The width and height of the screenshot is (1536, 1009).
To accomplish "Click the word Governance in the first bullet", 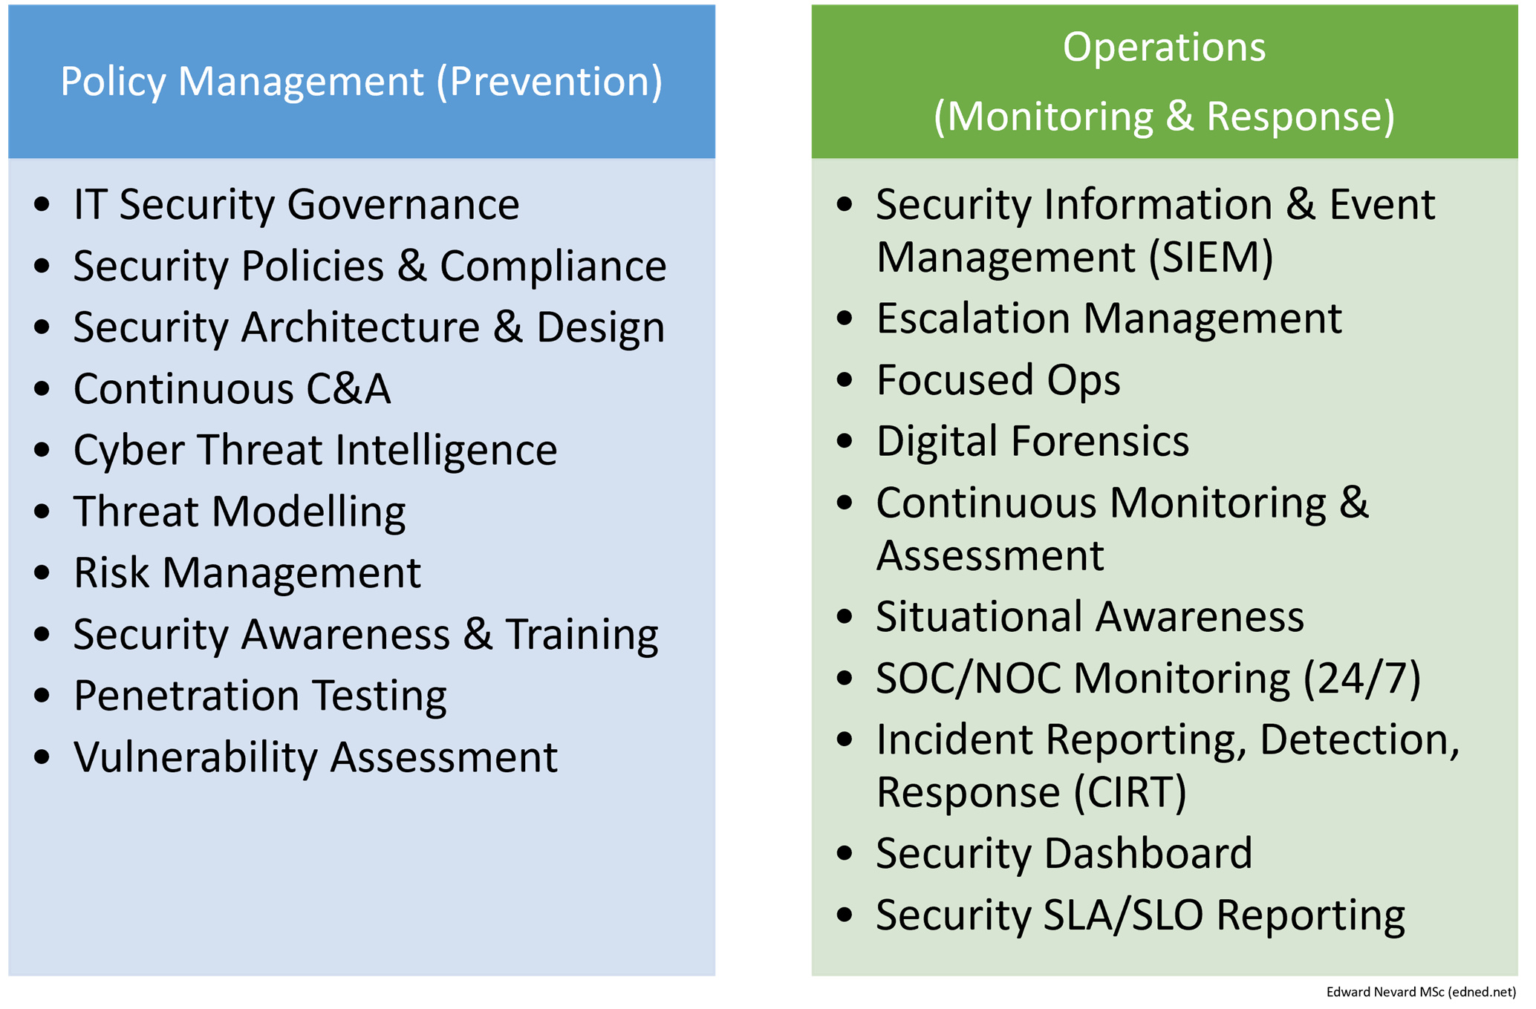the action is click(x=403, y=204).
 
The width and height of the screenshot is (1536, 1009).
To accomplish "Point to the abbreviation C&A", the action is click(x=348, y=388).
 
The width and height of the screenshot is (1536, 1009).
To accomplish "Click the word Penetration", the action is click(x=186, y=696).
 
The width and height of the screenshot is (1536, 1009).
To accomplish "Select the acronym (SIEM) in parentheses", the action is click(x=1211, y=258).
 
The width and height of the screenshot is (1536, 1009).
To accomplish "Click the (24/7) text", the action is click(x=1362, y=679).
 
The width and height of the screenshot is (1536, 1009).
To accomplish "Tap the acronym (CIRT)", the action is click(x=1130, y=792).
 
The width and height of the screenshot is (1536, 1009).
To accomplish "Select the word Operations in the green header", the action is click(x=1164, y=48).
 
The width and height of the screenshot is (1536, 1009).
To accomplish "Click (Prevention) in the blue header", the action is click(x=549, y=82).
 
